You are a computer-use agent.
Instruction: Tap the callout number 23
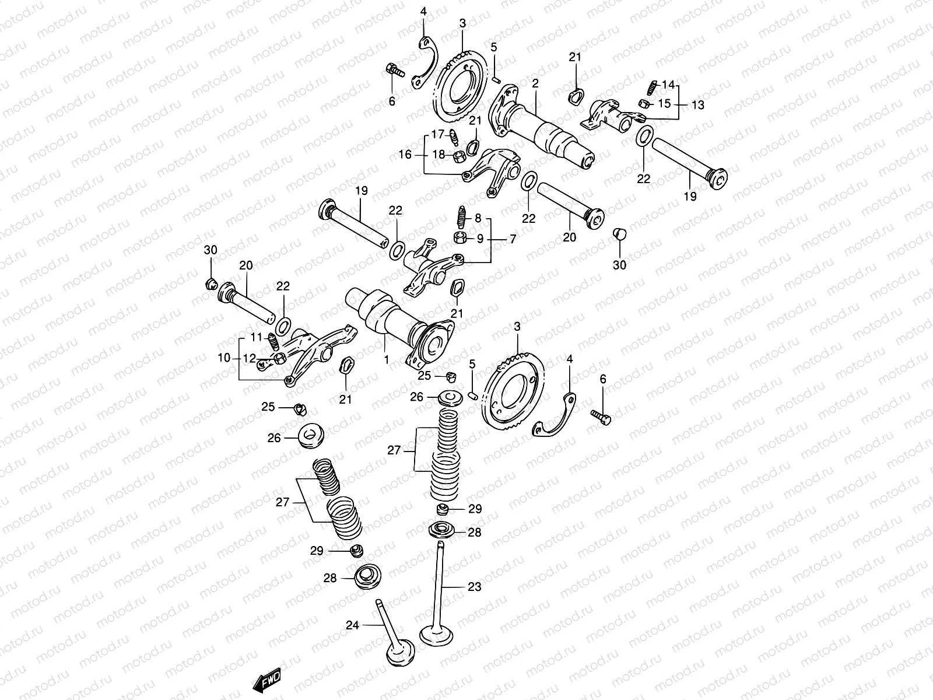(475, 587)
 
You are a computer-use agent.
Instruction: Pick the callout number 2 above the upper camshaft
(535, 84)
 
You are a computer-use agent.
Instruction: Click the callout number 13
(698, 105)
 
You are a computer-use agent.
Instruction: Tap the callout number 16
(405, 155)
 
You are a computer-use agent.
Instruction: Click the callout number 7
(513, 239)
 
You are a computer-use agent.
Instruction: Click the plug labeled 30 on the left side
(212, 285)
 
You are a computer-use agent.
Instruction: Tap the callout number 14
(668, 85)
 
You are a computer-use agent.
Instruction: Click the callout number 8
(478, 219)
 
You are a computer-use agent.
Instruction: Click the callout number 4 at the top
(423, 12)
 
